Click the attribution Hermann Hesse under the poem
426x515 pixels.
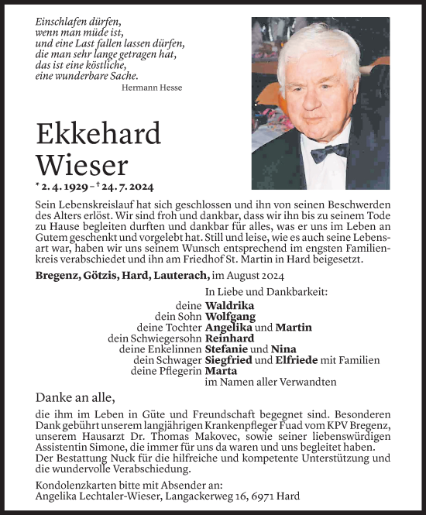(x=152, y=88)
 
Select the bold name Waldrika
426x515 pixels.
(x=231, y=305)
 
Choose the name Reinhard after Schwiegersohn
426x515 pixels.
(x=231, y=338)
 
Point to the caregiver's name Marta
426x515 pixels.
(x=222, y=371)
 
